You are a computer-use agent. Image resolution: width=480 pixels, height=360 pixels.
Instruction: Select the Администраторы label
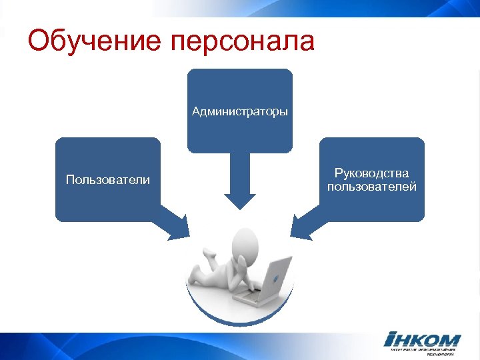[x=240, y=111]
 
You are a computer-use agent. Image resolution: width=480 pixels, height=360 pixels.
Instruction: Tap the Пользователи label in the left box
[x=107, y=179]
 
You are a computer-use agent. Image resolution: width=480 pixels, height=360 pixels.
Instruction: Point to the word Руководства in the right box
[x=372, y=173]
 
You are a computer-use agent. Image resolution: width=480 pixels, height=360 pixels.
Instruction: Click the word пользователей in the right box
[x=372, y=187]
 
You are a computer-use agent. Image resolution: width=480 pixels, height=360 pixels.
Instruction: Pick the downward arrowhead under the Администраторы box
[x=240, y=200]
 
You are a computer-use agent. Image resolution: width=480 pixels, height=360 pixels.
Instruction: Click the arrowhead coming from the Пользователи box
[x=179, y=227]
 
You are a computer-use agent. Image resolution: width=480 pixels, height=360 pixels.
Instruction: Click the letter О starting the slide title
[x=40, y=41]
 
